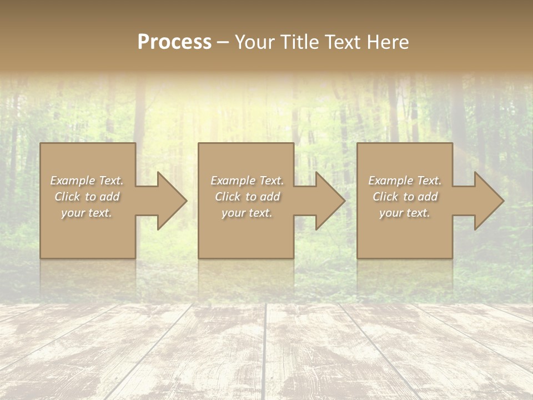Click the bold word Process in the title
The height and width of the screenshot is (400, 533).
click(x=174, y=42)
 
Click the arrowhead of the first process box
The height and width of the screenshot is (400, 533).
click(x=170, y=201)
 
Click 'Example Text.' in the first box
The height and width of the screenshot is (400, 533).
click(x=87, y=181)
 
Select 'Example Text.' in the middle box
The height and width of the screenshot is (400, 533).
click(x=247, y=181)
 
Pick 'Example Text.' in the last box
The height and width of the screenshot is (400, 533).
click(x=405, y=181)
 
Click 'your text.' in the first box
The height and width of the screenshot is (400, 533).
click(x=87, y=213)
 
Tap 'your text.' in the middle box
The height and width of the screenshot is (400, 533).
click(x=247, y=213)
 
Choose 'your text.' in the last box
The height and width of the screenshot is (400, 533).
click(x=405, y=213)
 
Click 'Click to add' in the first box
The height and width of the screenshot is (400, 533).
click(x=87, y=197)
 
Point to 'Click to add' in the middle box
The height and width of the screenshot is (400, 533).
click(x=247, y=197)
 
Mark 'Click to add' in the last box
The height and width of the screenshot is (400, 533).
click(x=405, y=197)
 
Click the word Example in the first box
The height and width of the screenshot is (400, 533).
click(x=72, y=181)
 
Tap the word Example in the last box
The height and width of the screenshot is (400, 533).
click(x=390, y=181)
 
